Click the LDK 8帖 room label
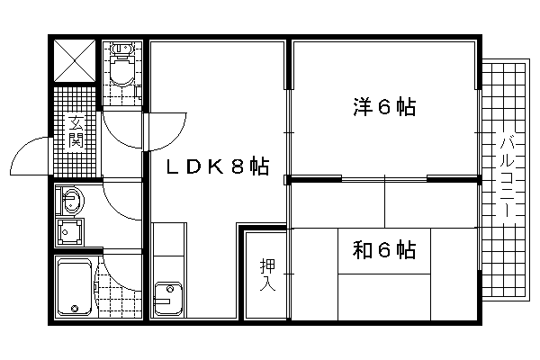click(218, 166)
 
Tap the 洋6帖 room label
click(384, 107)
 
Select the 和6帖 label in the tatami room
click(384, 250)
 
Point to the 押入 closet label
click(267, 274)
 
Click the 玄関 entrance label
click(76, 131)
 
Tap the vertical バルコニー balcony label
click(508, 176)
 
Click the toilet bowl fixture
click(121, 71)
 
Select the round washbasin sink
click(72, 201)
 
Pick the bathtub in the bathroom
click(75, 287)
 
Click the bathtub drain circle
click(75, 308)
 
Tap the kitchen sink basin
click(168, 299)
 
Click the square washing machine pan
click(70, 232)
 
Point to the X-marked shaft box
click(75, 61)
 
